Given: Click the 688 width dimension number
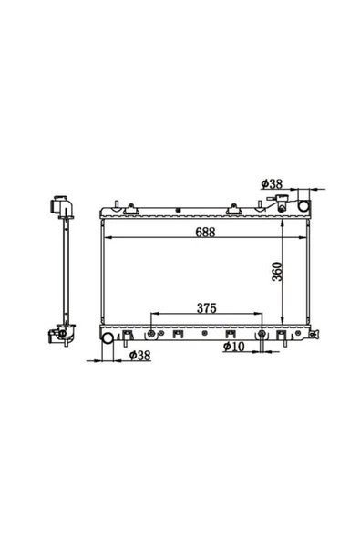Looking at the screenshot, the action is click(x=205, y=232).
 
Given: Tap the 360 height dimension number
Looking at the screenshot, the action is click(x=277, y=272).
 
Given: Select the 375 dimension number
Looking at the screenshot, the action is click(x=207, y=308).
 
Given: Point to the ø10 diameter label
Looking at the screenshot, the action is click(x=233, y=347).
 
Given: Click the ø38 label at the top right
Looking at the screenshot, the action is click(x=272, y=184).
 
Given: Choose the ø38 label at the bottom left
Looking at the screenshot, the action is click(x=140, y=356).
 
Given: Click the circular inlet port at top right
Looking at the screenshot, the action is click(x=303, y=206).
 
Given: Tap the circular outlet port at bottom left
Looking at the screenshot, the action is click(x=108, y=337).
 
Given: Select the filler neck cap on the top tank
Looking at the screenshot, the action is click(x=279, y=202).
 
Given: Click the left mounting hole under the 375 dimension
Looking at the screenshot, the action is click(x=151, y=333).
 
